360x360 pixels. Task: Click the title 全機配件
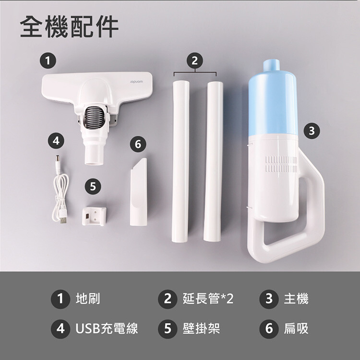pos(69,27)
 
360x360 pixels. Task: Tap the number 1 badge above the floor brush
pos(48,61)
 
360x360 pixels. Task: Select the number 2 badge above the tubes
pos(195,61)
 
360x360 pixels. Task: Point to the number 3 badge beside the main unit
pos(312,131)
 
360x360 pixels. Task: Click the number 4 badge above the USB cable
pos(56,141)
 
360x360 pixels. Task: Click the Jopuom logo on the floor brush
pos(136,82)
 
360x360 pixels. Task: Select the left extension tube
pos(180,161)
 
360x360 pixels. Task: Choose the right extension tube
pos(213,161)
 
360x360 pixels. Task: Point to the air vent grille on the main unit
pos(281,164)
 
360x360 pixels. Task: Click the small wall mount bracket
pos(95,216)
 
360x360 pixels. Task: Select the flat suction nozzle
pos(139,192)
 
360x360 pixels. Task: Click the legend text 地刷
pos(88,299)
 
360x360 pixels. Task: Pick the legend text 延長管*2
pos(208,299)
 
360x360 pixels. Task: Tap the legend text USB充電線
pos(107,328)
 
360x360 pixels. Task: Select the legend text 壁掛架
pos(201,328)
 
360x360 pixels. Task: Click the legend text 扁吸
pos(296,328)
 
